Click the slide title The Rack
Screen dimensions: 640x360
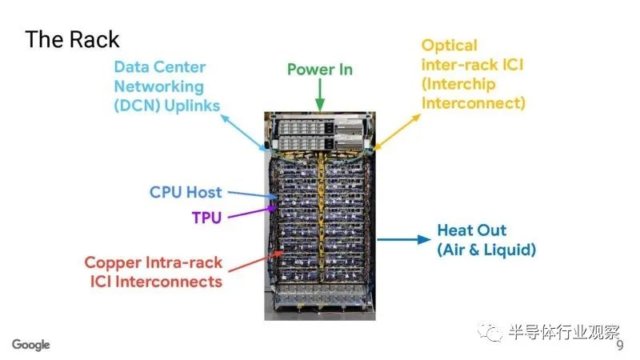(x=72, y=39)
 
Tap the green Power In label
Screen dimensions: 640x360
(x=319, y=70)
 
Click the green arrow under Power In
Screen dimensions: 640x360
(x=320, y=94)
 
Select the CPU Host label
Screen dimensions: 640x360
(x=186, y=192)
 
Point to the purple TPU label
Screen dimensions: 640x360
(x=206, y=218)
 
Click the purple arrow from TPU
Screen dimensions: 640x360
(x=252, y=212)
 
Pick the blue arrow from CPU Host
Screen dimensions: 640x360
(x=253, y=194)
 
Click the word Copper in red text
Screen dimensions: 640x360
(x=113, y=263)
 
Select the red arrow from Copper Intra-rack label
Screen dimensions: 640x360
(x=255, y=262)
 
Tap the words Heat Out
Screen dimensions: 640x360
(x=471, y=230)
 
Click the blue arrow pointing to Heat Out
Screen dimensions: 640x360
(x=404, y=239)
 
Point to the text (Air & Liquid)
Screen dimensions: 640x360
(x=486, y=250)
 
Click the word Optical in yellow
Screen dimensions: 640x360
(x=449, y=46)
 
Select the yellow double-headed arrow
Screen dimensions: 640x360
(x=397, y=132)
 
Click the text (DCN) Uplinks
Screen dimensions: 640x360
(x=167, y=106)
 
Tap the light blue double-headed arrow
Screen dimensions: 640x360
(x=244, y=133)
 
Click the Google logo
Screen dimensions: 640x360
(x=31, y=345)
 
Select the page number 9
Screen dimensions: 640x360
(x=620, y=346)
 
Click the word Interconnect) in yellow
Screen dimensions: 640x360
(x=474, y=103)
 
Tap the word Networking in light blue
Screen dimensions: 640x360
(x=158, y=87)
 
